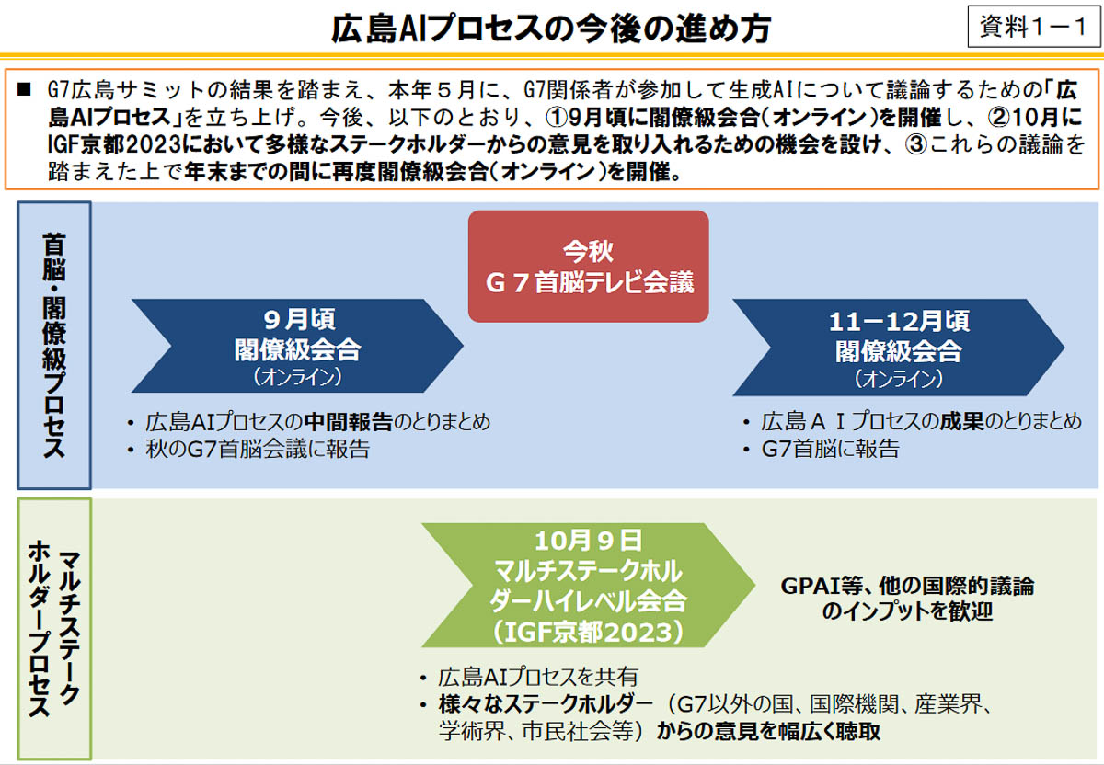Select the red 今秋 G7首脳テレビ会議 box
tap(589, 266)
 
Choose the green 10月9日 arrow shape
tap(589, 585)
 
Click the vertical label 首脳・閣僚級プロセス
tap(53, 345)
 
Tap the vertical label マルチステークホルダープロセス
tap(53, 629)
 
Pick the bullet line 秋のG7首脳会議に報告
tap(258, 450)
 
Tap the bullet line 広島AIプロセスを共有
tap(537, 677)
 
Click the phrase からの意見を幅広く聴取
tap(770, 732)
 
